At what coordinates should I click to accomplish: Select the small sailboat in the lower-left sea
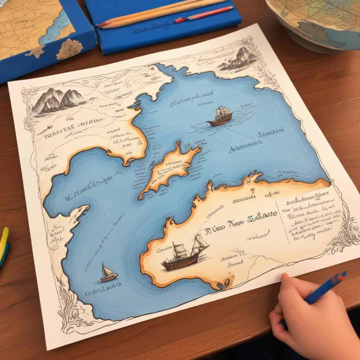[x=109, y=273]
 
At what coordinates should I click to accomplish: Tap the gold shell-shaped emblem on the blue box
[x=69, y=49]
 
